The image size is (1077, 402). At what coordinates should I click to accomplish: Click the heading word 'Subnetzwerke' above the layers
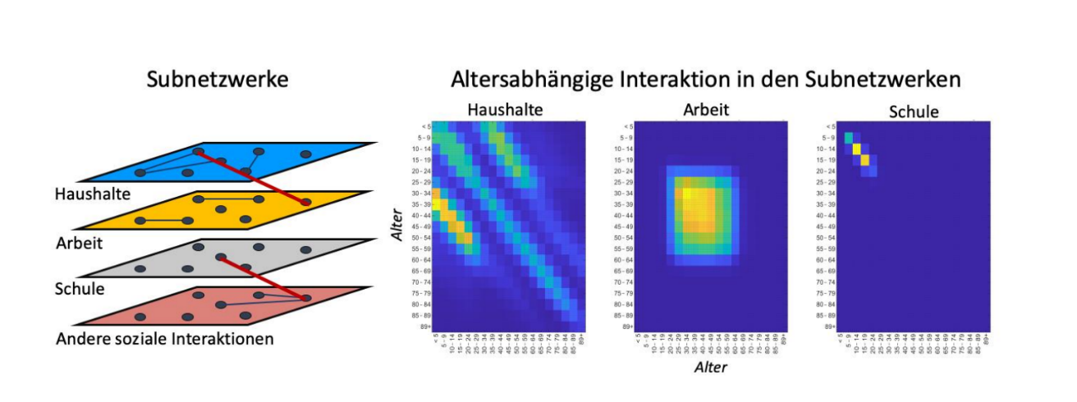218,80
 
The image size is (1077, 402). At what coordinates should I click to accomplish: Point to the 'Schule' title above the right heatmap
914,111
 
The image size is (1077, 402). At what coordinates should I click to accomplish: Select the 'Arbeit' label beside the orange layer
78,243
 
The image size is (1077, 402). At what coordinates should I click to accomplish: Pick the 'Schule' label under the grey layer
79,290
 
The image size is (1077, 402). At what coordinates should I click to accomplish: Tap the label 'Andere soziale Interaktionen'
164,338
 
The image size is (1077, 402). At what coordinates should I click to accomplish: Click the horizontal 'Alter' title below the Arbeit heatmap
711,368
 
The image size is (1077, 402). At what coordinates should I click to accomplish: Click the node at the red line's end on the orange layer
305,202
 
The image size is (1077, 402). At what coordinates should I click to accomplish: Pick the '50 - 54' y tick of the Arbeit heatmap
624,238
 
